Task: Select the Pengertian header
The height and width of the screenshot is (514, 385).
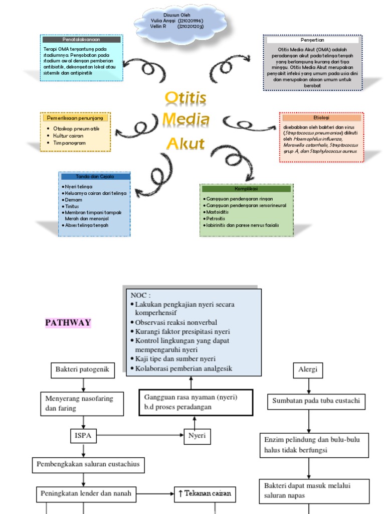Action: (x=312, y=40)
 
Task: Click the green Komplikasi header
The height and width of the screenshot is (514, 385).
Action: (x=246, y=189)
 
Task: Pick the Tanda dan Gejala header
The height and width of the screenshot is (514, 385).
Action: (x=95, y=177)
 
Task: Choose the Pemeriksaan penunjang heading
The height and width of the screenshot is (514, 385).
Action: (x=75, y=117)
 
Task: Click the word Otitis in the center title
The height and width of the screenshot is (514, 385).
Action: (x=185, y=98)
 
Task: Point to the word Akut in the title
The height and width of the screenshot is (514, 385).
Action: (x=185, y=144)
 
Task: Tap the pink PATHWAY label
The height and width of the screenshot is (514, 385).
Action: (x=69, y=322)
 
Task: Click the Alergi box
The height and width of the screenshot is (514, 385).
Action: (x=308, y=371)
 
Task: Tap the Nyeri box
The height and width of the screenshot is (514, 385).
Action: (x=197, y=435)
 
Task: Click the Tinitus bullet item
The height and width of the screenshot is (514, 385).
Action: (x=74, y=206)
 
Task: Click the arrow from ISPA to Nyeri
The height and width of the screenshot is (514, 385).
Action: (x=140, y=435)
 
